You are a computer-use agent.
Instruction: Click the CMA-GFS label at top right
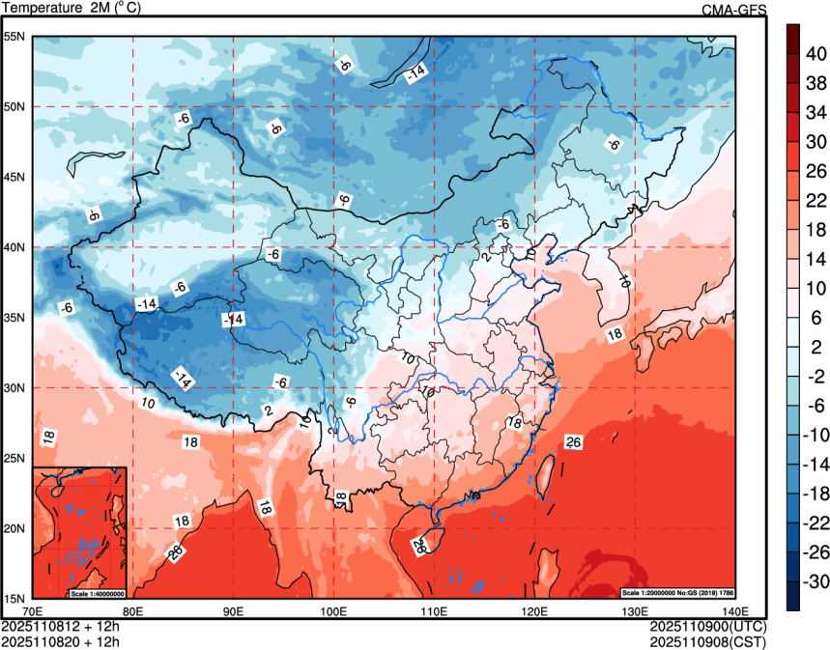[x=733, y=10]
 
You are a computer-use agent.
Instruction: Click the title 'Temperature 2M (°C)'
[x=70, y=8]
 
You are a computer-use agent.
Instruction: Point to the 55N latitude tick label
[x=14, y=37]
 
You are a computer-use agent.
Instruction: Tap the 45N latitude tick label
[x=14, y=177]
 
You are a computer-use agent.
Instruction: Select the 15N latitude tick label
[x=14, y=598]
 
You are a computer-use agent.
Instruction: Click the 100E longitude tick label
[x=333, y=611]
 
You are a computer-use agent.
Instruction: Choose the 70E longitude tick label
[x=33, y=611]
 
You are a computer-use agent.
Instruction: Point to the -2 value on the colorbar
[x=815, y=377]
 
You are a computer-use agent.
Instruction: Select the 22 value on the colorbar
[x=815, y=200]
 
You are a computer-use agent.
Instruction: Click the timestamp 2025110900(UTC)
[x=707, y=626]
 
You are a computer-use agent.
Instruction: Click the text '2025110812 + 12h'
[x=60, y=626]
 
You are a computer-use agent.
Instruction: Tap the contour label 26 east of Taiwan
[x=573, y=442]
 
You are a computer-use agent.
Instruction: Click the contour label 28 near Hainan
[x=419, y=546]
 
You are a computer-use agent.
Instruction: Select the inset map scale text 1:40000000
[x=97, y=592]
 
